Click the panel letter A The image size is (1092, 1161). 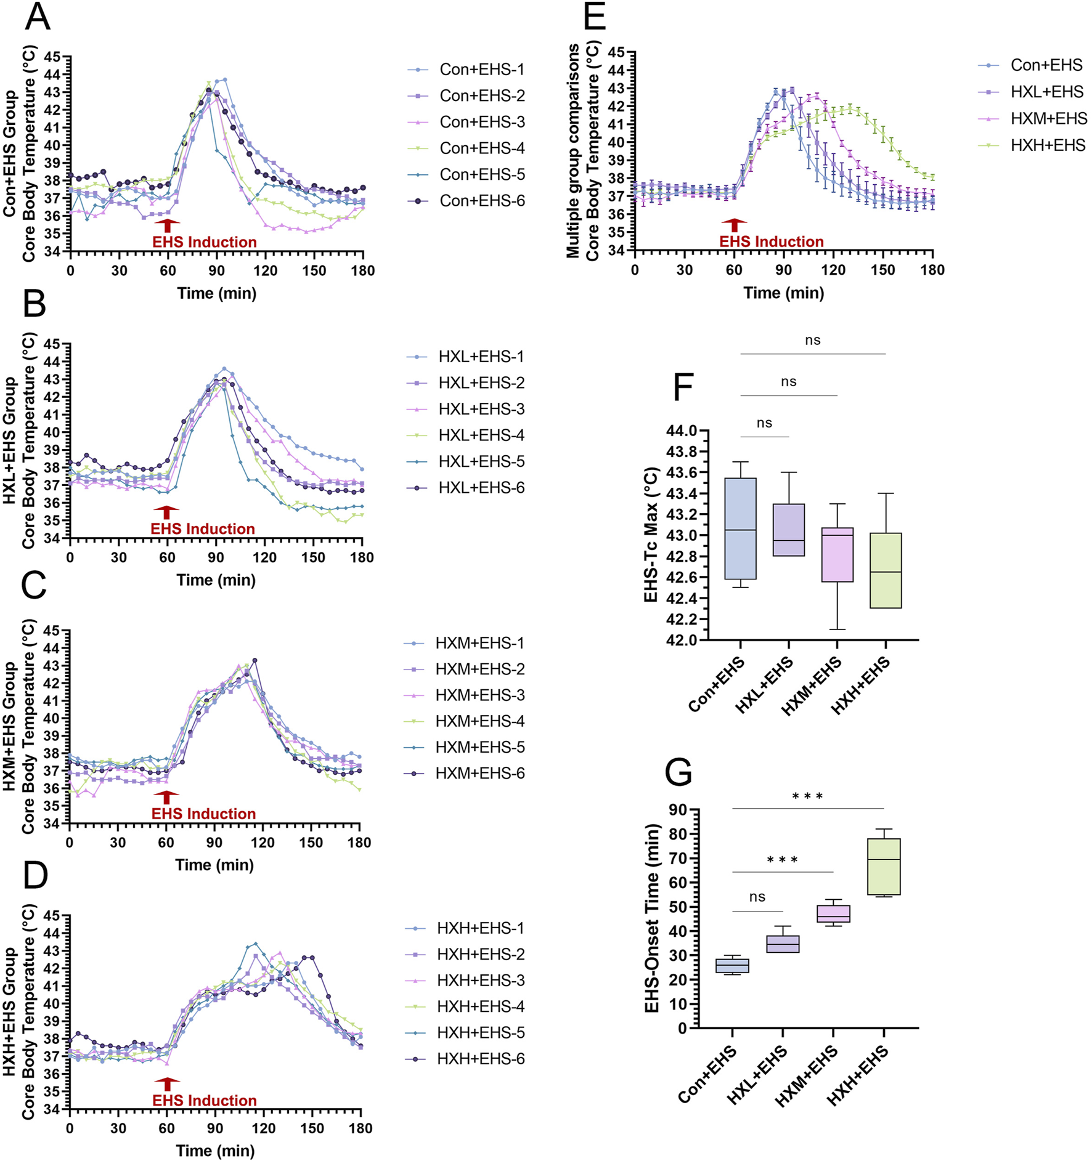tap(38, 17)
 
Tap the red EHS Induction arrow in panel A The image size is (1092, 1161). tap(167, 225)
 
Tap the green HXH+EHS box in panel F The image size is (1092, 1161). tap(886, 570)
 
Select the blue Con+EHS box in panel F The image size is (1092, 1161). tap(740, 528)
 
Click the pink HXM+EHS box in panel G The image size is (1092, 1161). tap(833, 913)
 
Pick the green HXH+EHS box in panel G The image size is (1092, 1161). tap(883, 867)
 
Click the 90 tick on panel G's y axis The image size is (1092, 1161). tap(678, 809)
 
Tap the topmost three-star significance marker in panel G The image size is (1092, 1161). tap(807, 796)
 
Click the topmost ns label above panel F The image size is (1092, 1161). tap(812, 341)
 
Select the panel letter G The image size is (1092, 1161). tap(678, 771)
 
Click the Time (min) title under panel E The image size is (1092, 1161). tap(783, 293)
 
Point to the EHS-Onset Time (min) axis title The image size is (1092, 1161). tap(652, 918)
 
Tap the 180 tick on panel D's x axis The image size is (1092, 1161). tap(361, 1128)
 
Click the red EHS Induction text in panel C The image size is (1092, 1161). tap(203, 814)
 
